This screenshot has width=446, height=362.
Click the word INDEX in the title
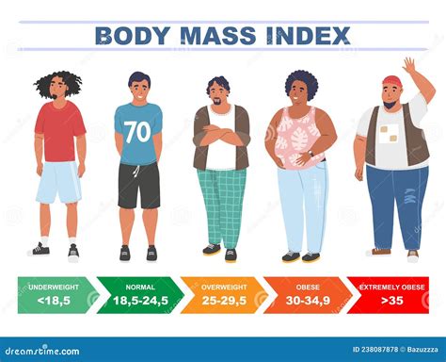click(308, 36)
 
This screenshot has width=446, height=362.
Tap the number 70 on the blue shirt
click(137, 132)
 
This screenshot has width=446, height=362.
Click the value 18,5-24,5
click(138, 300)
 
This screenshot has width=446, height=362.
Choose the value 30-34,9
click(306, 300)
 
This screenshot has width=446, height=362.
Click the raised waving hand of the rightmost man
click(409, 66)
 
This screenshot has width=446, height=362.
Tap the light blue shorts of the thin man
click(58, 182)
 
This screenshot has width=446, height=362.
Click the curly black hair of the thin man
click(57, 82)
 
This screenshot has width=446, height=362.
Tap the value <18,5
click(54, 300)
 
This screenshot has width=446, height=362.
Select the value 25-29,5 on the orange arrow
click(222, 300)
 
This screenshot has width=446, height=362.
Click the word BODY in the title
click(131, 36)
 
